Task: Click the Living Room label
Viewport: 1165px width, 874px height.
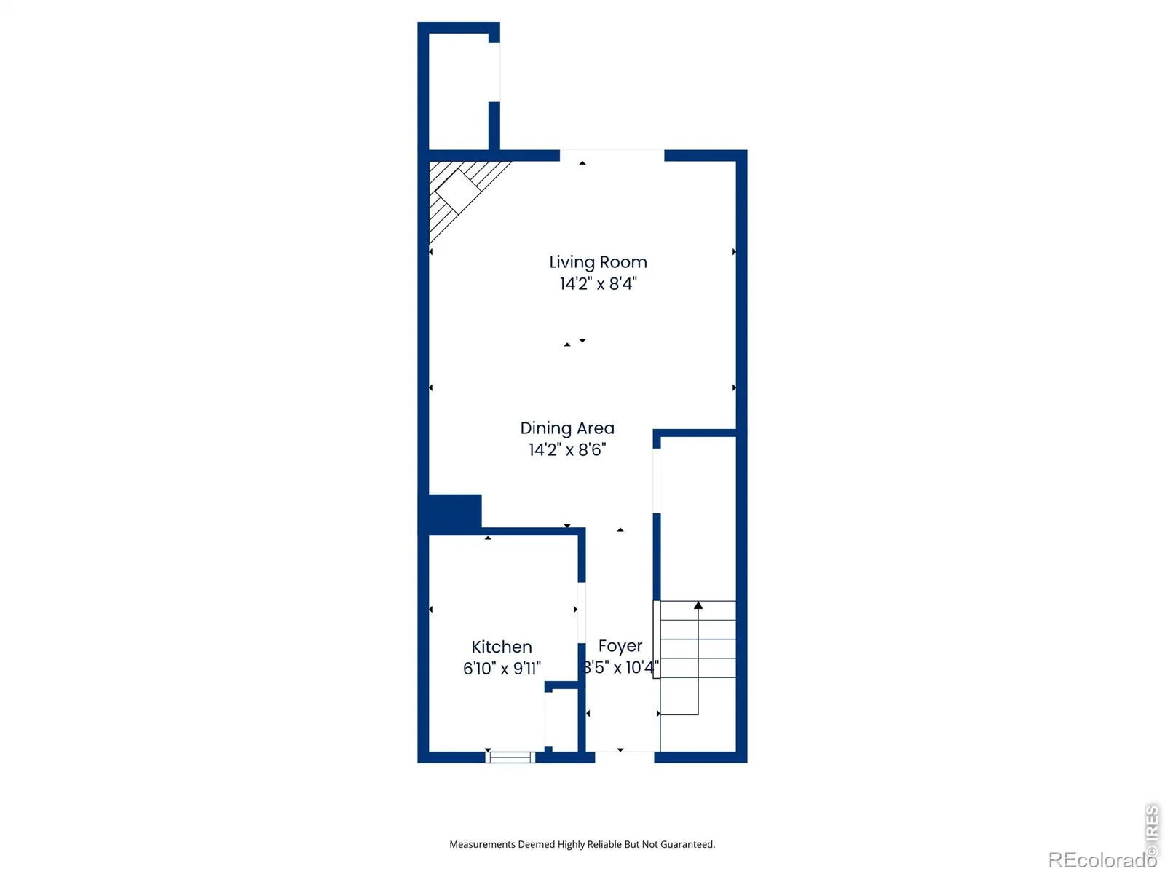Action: pos(598,262)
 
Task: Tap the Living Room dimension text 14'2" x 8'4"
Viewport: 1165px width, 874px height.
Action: pos(598,283)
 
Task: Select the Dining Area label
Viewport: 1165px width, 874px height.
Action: pos(566,428)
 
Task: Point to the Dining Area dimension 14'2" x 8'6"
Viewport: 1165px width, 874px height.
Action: pos(566,449)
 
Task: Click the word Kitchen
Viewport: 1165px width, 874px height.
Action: pos(501,646)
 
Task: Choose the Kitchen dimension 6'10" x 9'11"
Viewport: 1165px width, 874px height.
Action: pos(501,668)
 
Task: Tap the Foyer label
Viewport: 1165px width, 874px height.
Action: pos(620,646)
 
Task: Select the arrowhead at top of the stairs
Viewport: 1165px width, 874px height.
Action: pos(698,605)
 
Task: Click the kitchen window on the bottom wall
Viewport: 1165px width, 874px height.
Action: pos(510,757)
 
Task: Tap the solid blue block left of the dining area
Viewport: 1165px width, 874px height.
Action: pos(451,513)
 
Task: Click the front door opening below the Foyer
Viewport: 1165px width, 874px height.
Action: pos(624,757)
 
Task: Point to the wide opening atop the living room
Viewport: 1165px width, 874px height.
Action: pos(612,155)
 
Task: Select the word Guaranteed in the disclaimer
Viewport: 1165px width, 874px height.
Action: pos(688,844)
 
